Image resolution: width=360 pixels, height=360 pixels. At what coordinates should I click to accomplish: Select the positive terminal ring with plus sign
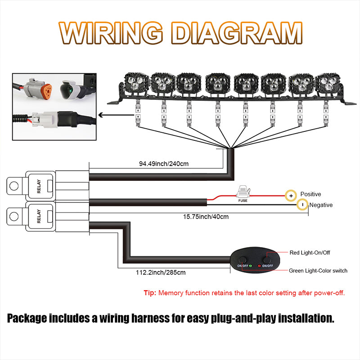tap(291, 196)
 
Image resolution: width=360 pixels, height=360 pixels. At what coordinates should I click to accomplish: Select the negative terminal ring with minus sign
tap(303, 205)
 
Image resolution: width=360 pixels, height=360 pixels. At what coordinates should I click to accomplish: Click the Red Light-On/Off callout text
tap(310, 252)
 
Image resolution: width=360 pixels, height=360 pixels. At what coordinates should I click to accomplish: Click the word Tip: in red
tap(150, 293)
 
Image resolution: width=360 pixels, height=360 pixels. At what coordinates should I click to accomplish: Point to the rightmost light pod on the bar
tap(326, 84)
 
